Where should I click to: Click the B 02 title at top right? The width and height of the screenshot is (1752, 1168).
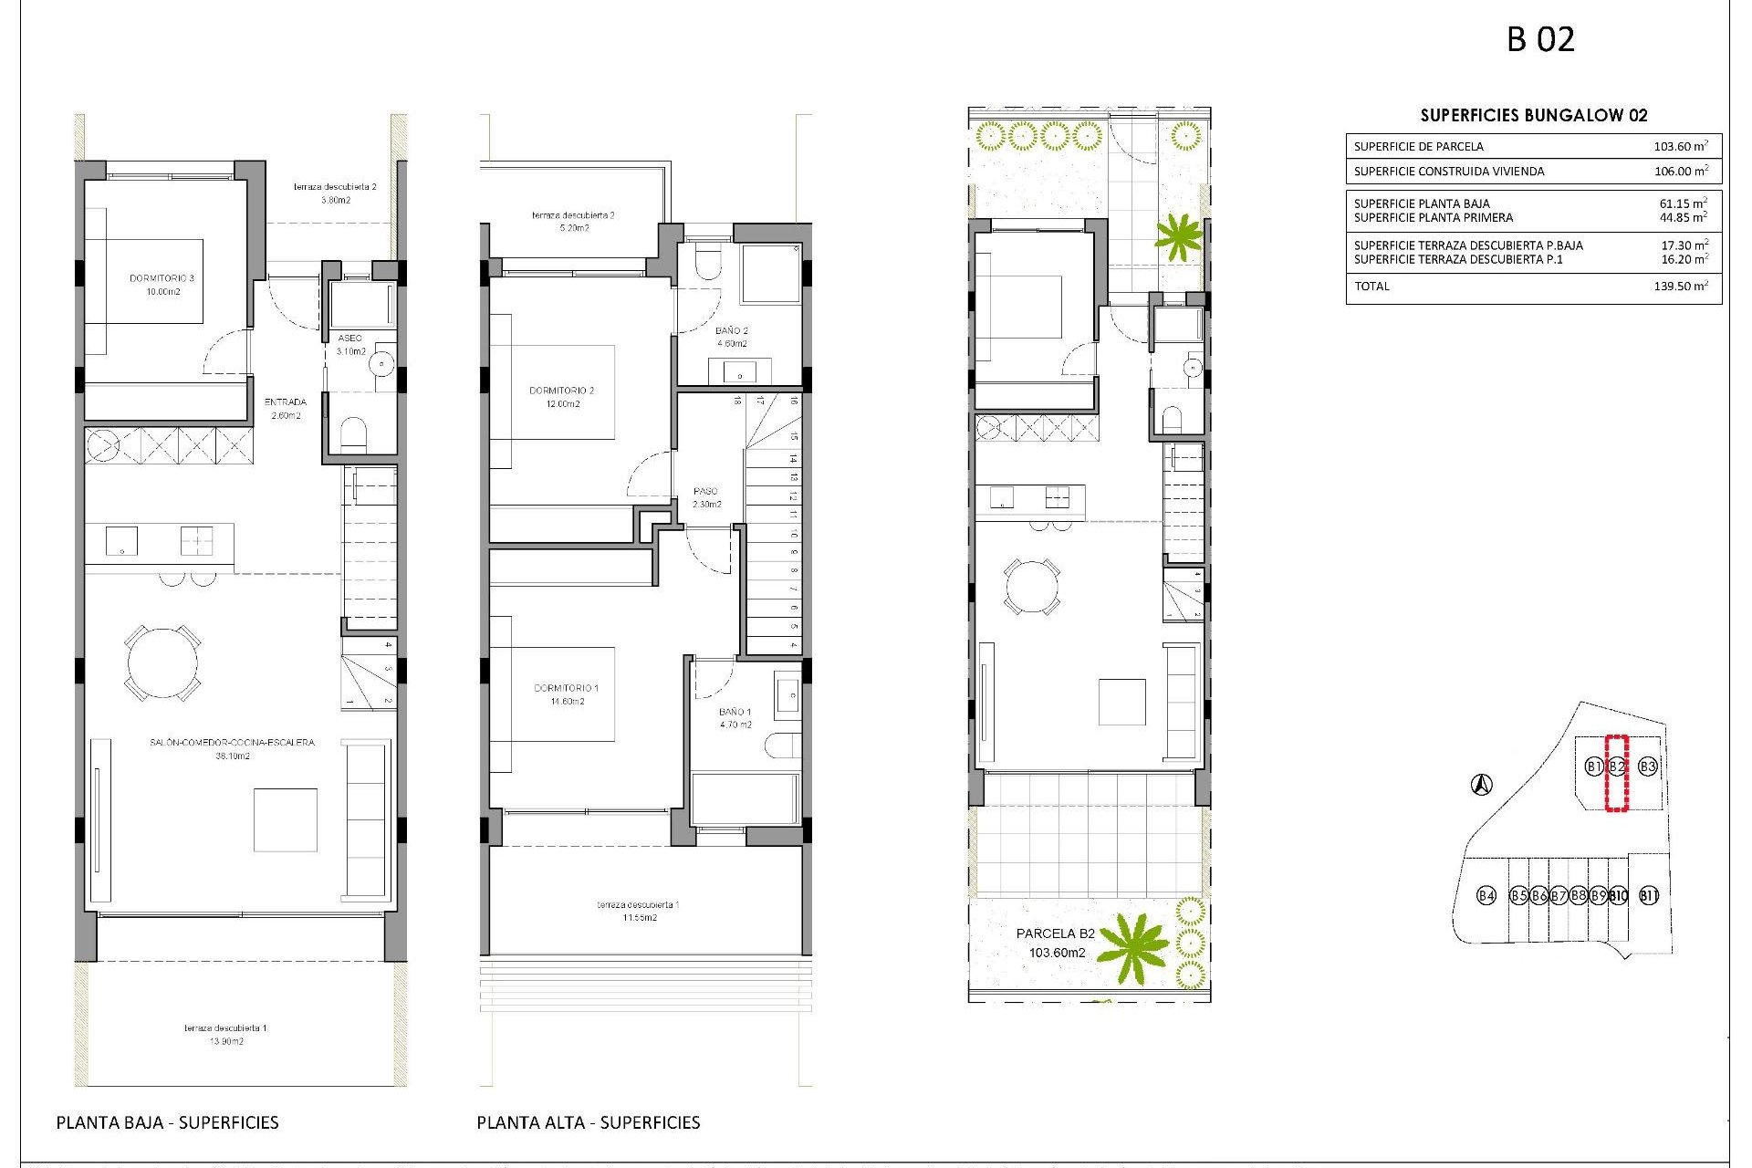coord(1540,39)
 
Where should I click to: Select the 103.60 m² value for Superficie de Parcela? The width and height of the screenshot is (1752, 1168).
coord(1680,146)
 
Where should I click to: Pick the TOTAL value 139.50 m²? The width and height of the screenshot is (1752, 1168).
coord(1680,287)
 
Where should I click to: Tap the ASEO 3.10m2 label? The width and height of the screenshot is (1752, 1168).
coord(350,344)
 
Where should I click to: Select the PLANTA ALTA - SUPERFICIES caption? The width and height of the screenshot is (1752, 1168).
coord(589,1122)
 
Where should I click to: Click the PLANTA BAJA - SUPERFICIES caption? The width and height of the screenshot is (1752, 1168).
coord(168,1122)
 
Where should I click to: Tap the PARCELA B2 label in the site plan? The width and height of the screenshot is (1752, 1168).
coord(1056,933)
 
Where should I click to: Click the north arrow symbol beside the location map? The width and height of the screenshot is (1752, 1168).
coord(1482,784)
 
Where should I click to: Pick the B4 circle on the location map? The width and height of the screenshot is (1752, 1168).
coord(1486,895)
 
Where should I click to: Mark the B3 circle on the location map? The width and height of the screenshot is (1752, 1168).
coord(1648,766)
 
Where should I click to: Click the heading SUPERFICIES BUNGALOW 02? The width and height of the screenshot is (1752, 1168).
coord(1534,115)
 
